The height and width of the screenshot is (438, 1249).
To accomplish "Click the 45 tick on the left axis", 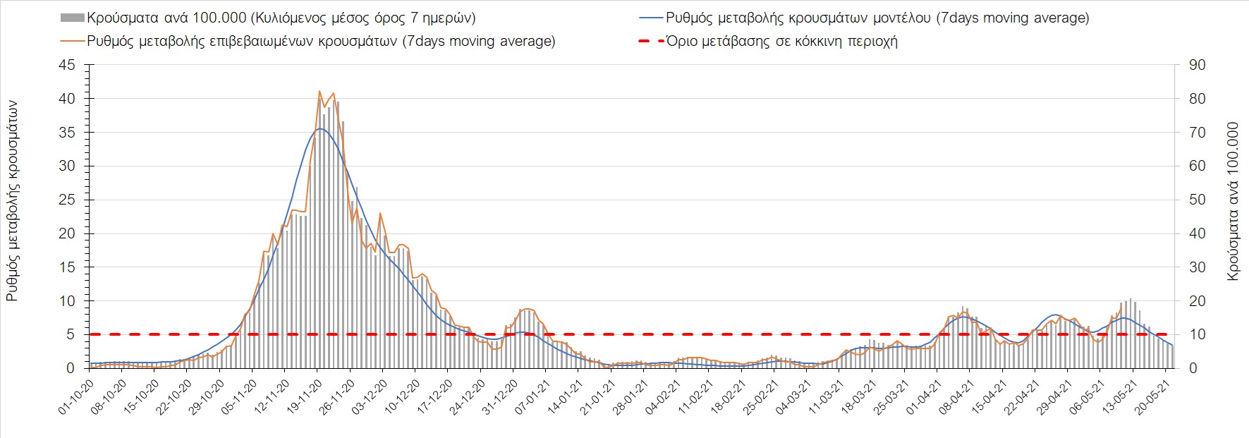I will [67, 65].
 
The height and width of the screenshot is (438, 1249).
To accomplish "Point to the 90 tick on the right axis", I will [1197, 65].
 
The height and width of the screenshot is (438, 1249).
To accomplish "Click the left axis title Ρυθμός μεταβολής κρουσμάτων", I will [12, 201].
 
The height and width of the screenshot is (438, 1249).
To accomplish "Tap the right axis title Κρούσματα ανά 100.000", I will [1233, 201].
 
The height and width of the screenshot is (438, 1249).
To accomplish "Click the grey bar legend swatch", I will [72, 18].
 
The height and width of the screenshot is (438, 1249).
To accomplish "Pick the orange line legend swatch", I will [72, 41].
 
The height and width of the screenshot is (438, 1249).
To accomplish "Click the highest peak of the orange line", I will [319, 91].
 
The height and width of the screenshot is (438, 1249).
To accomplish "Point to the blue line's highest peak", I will [320, 128].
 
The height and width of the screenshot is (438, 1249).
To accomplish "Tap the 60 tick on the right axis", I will [1197, 166].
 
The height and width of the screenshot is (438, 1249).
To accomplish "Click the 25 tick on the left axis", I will [67, 200].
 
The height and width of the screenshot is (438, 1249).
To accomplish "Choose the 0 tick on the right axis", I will [1193, 368].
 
